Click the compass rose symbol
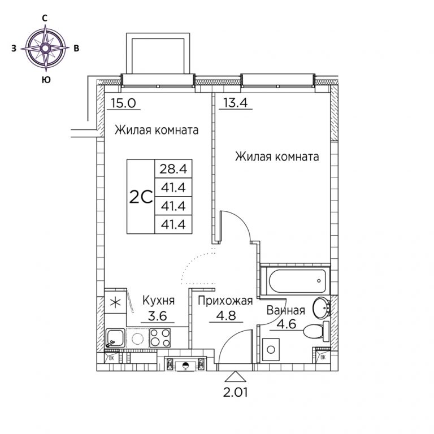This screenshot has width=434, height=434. point(46,48)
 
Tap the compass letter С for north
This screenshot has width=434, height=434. point(44,18)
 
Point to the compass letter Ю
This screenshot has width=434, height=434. point(46,80)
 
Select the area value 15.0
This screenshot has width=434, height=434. point(123,103)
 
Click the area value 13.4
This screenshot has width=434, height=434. point(236,103)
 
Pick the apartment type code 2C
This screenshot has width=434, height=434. point(141,197)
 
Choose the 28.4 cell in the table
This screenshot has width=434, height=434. point(173,168)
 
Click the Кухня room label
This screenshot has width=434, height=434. point(159,300)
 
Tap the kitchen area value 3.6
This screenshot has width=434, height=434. point(158,316)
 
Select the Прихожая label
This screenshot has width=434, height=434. point(225,301)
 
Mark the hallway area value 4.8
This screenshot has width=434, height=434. point(226,315)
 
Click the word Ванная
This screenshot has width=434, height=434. point(285,311)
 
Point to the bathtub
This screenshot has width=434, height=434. point(295,281)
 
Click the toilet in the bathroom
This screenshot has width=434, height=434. point(316,331)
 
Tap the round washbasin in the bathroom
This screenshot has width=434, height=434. point(321,308)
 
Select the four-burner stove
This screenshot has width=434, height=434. point(160,337)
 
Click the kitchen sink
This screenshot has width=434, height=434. point(115,338)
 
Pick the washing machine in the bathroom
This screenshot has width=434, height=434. point(271,349)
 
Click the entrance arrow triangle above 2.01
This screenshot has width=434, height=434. point(235,377)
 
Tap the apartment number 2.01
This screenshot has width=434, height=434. point(235,392)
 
